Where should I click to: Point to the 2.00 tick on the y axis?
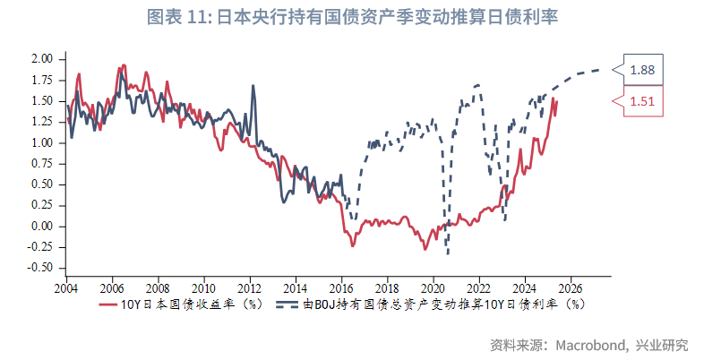(42, 59)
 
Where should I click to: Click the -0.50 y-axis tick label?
(40, 268)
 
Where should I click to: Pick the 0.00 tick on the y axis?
(42, 226)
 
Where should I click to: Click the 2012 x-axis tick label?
(250, 289)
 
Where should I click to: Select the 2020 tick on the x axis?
(433, 289)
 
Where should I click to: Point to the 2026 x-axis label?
(571, 289)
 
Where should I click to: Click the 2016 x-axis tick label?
(341, 289)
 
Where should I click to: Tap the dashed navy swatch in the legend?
(287, 305)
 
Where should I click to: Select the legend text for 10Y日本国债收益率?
(191, 305)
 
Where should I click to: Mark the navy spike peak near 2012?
(253, 86)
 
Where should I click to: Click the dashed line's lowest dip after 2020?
(447, 254)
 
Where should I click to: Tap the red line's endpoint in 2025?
(556, 100)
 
